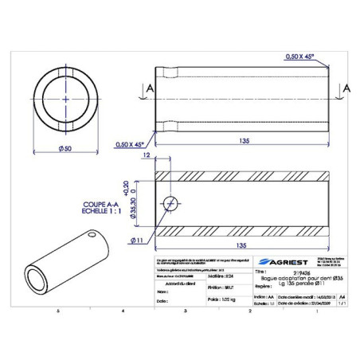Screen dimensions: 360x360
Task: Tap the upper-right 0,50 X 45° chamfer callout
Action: coord(299,57)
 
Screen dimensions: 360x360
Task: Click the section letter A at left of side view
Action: coord(141,88)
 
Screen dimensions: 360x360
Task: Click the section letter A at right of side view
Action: coord(346,87)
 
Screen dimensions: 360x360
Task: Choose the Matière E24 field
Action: coord(219,276)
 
